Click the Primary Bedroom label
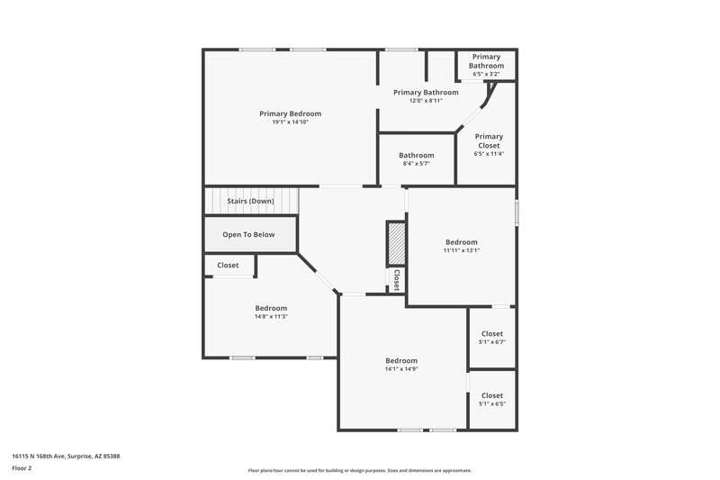click(290, 113)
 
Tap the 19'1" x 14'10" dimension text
click(290, 122)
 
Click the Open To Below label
click(248, 235)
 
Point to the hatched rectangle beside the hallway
click(397, 241)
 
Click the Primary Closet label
click(489, 140)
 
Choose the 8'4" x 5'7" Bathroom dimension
click(417, 163)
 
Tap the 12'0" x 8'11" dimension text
click(426, 100)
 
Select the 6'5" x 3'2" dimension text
click(487, 73)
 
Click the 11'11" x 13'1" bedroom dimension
click(461, 250)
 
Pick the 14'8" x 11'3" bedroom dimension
click(271, 316)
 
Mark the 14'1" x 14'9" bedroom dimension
click(401, 368)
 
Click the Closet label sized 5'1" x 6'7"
click(492, 333)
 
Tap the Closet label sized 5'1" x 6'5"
click(492, 395)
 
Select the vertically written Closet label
click(396, 280)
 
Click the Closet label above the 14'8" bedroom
click(228, 266)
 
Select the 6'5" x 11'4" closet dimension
click(489, 154)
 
